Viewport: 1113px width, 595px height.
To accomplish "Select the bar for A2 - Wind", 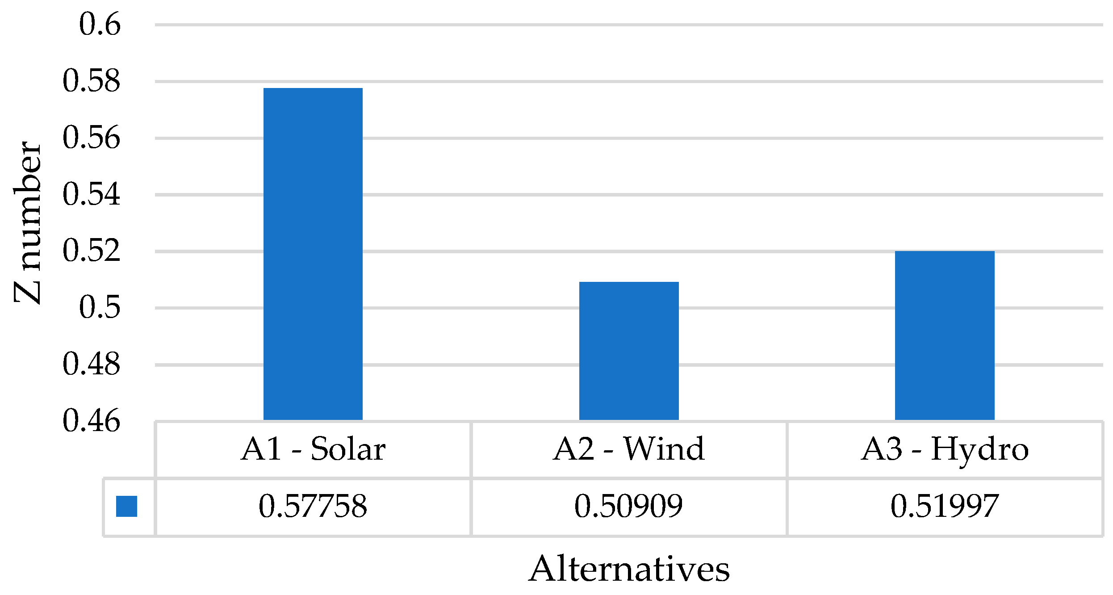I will click(629, 351).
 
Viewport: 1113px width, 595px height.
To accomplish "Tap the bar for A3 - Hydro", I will click(945, 335).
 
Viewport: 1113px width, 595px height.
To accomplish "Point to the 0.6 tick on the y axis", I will click(100, 24).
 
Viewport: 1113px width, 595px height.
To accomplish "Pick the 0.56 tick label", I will click(92, 138).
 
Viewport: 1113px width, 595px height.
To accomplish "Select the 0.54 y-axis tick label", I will click(92, 194).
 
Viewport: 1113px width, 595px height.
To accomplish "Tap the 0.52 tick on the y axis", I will click(92, 251).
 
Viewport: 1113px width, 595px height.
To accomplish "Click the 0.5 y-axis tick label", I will click(100, 307).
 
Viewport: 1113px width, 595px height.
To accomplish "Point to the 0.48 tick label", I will click(92, 364).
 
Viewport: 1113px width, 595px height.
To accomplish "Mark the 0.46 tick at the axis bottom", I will click(92, 420).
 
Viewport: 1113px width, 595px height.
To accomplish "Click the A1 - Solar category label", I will click(313, 449).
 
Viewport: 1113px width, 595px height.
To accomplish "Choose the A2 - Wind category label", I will click(629, 449).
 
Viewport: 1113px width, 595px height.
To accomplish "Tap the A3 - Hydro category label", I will click(945, 449).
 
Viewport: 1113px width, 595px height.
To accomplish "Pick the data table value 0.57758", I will click(313, 506).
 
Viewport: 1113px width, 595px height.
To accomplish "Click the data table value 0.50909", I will click(629, 506).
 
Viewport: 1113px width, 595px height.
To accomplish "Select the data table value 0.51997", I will click(945, 506).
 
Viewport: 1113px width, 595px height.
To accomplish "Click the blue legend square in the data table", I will click(126, 506).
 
